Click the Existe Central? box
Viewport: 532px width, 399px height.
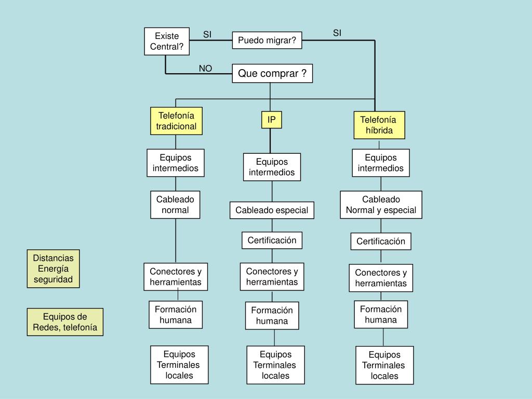pyautogui.click(x=167, y=41)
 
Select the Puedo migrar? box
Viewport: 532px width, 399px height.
pyautogui.click(x=267, y=40)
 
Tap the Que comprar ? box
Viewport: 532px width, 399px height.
pyautogui.click(x=272, y=74)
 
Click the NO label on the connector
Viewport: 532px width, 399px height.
pyautogui.click(x=206, y=69)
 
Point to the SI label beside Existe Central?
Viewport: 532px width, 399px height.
pyautogui.click(x=207, y=35)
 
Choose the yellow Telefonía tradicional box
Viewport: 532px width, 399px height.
pyautogui.click(x=176, y=121)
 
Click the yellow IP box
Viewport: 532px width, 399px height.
pyautogui.click(x=271, y=120)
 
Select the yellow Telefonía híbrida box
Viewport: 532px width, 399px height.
pyautogui.click(x=379, y=125)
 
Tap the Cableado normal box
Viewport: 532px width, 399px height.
pyautogui.click(x=175, y=205)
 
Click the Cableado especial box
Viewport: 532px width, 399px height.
pyautogui.click(x=272, y=210)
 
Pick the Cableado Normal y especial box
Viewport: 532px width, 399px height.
pyautogui.click(x=381, y=205)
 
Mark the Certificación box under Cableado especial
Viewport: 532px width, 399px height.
pyautogui.click(x=272, y=240)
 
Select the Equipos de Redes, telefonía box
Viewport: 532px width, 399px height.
pyautogui.click(x=65, y=322)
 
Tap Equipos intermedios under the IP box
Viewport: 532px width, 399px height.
pyautogui.click(x=272, y=167)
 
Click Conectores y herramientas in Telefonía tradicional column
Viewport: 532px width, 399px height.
pyautogui.click(x=176, y=277)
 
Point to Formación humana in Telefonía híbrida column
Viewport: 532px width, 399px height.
pyautogui.click(x=381, y=314)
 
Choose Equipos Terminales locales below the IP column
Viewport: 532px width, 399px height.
pyautogui.click(x=275, y=365)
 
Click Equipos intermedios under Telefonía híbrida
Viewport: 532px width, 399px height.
pyautogui.click(x=381, y=163)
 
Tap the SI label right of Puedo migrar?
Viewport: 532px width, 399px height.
pyautogui.click(x=337, y=34)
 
